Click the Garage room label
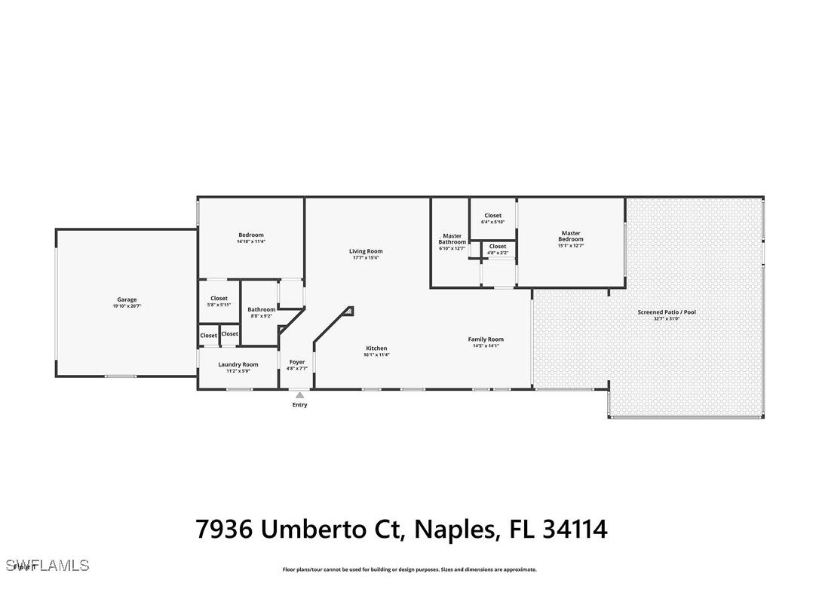(127, 299)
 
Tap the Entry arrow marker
(299, 394)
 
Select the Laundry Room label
(238, 364)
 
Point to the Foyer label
(297, 362)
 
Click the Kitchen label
(376, 348)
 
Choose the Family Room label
(486, 339)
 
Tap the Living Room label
(366, 251)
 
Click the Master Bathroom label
(452, 238)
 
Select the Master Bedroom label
(571, 236)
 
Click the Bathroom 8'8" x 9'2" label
(262, 309)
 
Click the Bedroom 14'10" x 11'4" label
(251, 235)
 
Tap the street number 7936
(225, 529)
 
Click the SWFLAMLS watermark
(47, 565)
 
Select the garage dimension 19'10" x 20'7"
(127, 305)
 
